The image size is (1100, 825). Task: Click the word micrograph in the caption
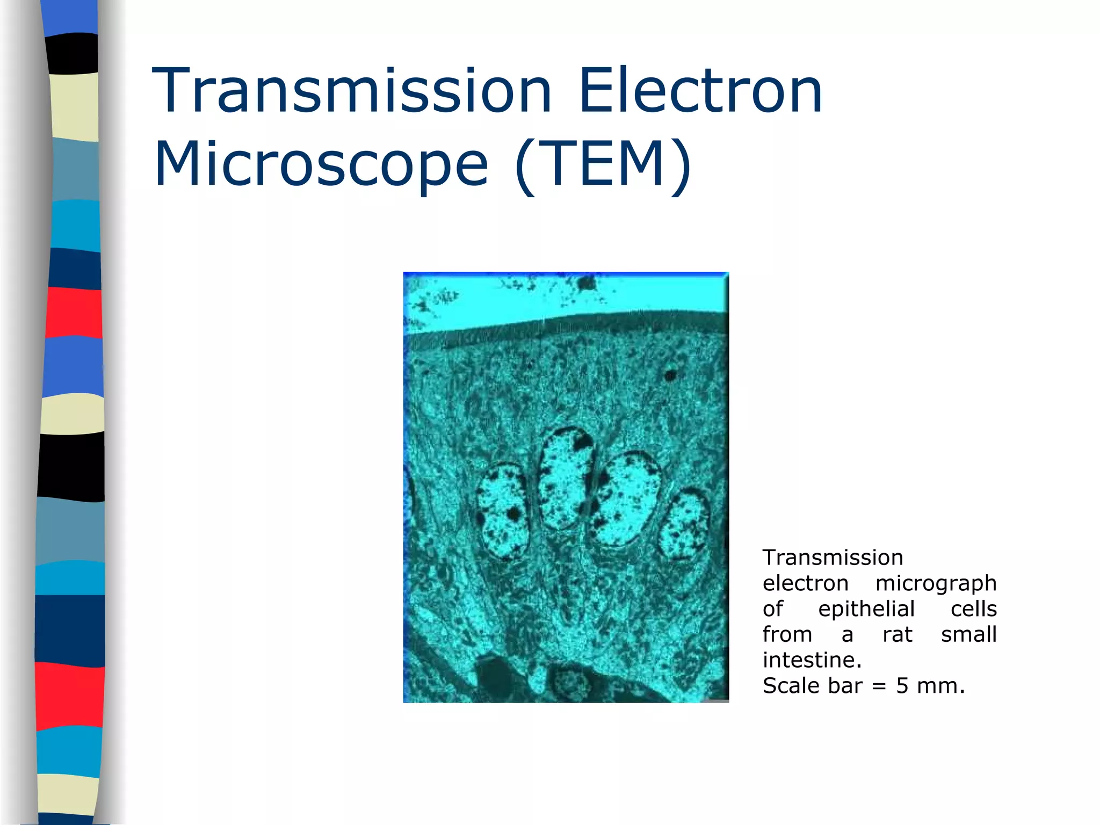936,583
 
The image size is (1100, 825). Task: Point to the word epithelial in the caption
866,609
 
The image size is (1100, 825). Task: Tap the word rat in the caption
897,635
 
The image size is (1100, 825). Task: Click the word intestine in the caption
811,660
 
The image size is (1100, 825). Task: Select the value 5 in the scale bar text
902,686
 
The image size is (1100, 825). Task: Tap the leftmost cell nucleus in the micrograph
502,511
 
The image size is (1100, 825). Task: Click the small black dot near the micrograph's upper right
670,375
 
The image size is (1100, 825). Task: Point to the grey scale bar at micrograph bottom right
714,700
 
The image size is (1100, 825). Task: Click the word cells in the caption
973,609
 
